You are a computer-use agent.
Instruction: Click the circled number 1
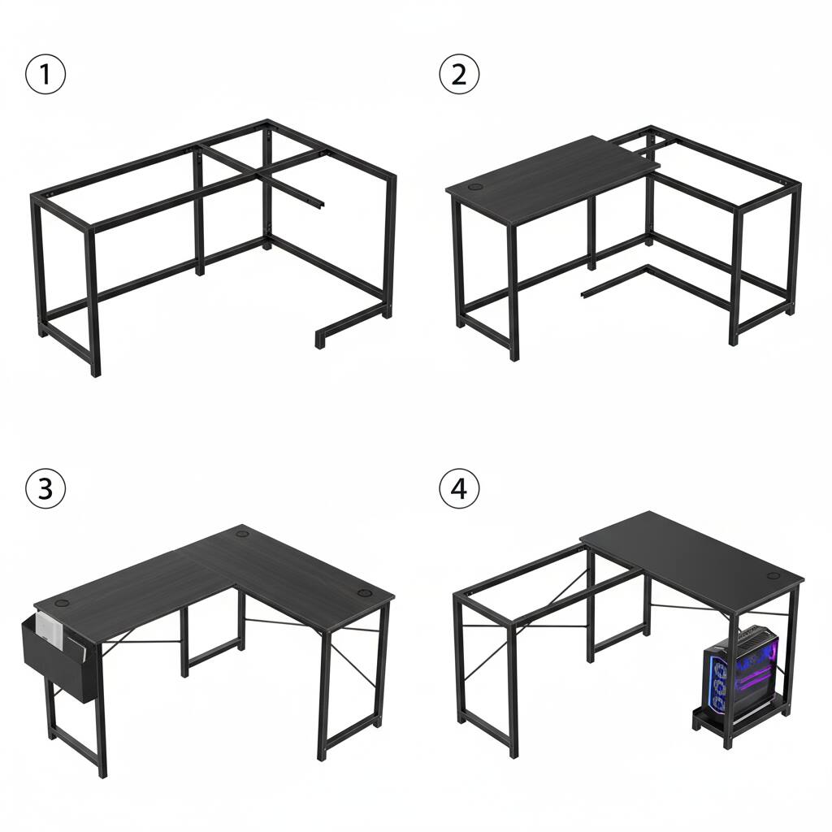coord(45,74)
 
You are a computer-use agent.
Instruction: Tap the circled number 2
coord(459,74)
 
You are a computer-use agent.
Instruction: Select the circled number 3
coord(45,488)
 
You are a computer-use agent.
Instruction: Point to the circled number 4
coord(459,488)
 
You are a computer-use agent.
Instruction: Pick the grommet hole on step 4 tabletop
coord(773,576)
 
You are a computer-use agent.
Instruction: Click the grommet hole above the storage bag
coord(63,604)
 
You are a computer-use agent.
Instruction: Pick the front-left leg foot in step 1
coord(96,371)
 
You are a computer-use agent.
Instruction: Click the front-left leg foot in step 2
coord(513,356)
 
